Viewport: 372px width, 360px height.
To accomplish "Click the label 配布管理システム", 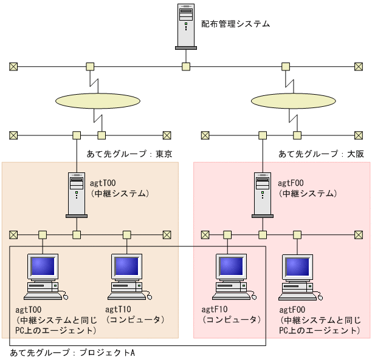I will click(x=235, y=24).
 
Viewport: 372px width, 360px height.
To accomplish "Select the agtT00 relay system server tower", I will click(x=77, y=194).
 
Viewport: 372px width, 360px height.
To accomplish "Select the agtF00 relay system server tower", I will click(x=263, y=194).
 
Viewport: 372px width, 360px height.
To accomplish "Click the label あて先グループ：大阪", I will click(x=321, y=154).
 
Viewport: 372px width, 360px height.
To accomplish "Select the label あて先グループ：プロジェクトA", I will click(x=72, y=352).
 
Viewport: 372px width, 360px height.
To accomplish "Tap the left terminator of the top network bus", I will click(x=13, y=66).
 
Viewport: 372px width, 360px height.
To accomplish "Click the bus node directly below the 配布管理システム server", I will click(x=187, y=66).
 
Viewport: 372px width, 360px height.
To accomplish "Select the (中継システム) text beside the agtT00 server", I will click(x=120, y=194).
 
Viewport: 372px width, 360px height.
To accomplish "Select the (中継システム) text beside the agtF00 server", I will click(x=308, y=194).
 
